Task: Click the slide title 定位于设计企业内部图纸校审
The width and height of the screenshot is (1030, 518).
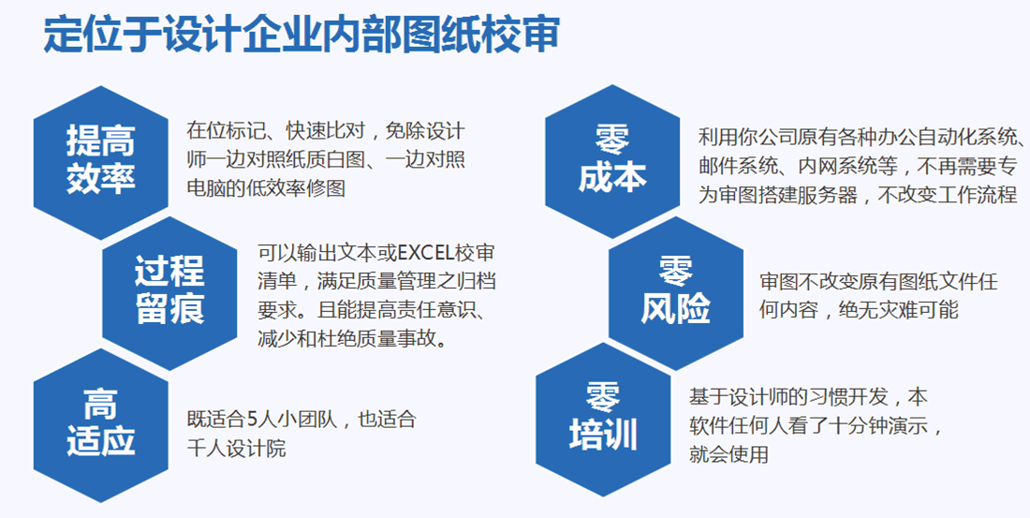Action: tap(302, 35)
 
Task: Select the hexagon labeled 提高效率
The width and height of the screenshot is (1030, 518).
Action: tap(100, 160)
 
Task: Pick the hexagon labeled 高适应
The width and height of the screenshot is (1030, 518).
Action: tap(100, 422)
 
